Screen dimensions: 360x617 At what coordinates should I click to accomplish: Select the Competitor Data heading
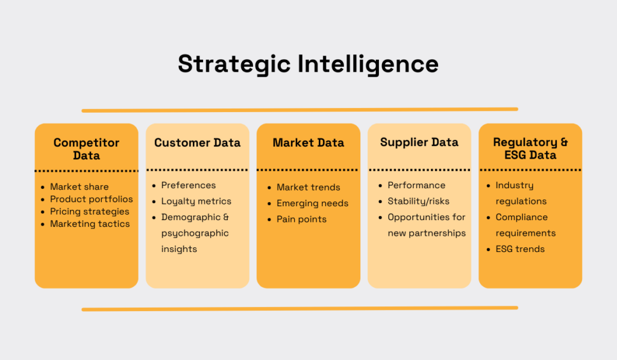[x=86, y=149]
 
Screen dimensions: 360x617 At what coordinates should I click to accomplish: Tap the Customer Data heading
[x=197, y=143]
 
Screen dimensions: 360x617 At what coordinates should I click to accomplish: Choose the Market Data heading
[x=308, y=143]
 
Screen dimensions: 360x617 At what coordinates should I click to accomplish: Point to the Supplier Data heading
[x=419, y=143]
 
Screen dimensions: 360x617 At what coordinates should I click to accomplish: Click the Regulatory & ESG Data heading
[x=530, y=149]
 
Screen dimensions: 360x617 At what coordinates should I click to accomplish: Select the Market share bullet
[x=79, y=187]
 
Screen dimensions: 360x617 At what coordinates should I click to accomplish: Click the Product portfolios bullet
[x=91, y=199]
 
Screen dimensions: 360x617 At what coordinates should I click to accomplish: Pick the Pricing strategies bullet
[x=89, y=212]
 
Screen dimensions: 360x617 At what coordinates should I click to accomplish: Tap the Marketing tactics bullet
[x=89, y=224]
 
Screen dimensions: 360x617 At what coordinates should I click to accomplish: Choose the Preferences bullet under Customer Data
[x=188, y=185]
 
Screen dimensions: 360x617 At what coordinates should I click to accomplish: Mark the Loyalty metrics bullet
[x=196, y=201]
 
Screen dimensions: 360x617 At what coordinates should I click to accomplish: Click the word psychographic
[x=195, y=233]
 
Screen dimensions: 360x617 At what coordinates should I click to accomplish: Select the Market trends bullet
[x=308, y=188]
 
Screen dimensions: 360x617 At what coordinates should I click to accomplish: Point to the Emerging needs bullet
[x=312, y=203]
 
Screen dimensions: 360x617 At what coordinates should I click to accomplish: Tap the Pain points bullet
[x=301, y=219]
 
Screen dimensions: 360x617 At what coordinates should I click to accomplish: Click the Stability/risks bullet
[x=418, y=201]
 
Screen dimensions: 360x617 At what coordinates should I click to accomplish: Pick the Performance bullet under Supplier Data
[x=416, y=185]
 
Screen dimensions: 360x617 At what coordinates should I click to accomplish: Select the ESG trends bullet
[x=520, y=249]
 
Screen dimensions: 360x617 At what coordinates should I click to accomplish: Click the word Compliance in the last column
[x=521, y=217]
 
